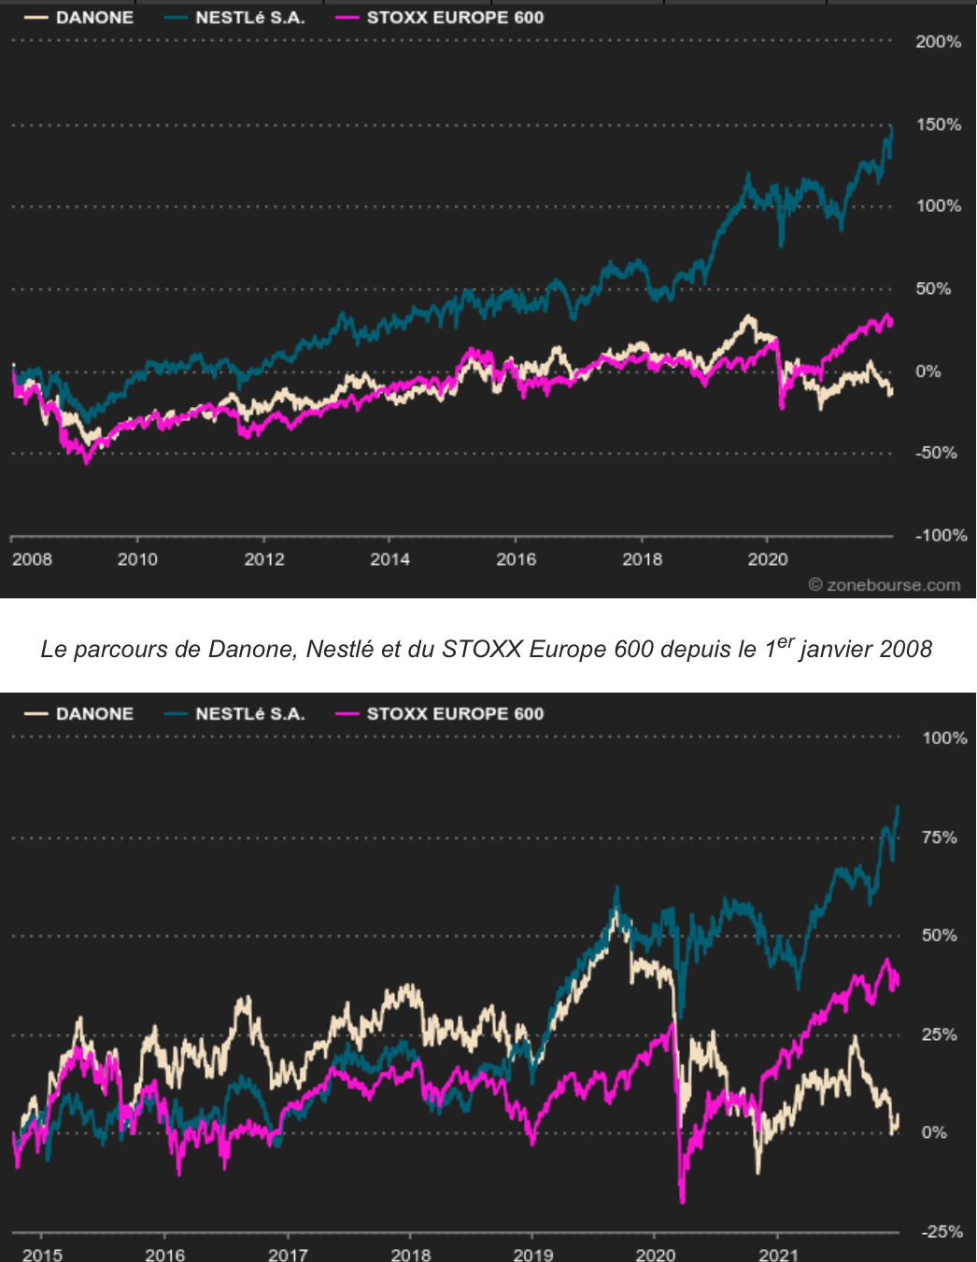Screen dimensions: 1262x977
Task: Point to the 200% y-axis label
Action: [938, 42]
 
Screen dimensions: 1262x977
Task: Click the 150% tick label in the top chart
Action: [938, 125]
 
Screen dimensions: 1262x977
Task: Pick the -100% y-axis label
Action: [941, 536]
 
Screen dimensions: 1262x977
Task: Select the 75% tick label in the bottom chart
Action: [939, 837]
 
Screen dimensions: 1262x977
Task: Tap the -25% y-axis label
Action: [942, 1232]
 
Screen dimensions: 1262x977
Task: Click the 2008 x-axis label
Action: [32, 559]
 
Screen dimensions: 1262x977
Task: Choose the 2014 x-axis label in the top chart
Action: [389, 559]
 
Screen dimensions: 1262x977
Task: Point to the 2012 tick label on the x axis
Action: [264, 559]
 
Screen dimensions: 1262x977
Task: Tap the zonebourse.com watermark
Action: [885, 585]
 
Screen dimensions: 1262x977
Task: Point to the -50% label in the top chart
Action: [937, 454]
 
